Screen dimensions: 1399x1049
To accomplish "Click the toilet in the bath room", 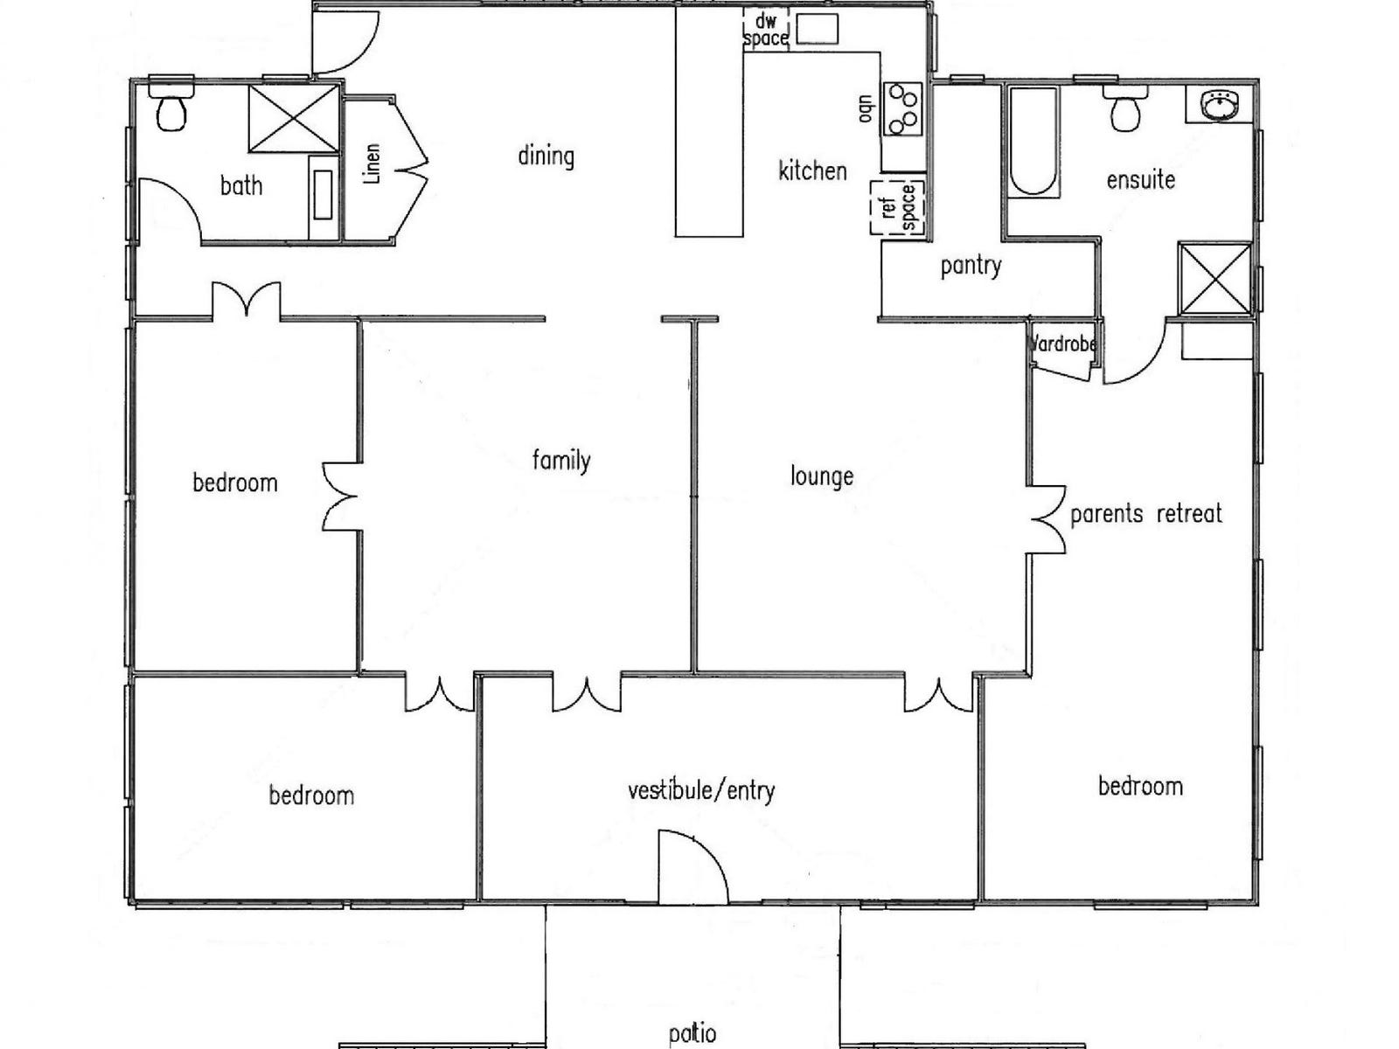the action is pos(171,108).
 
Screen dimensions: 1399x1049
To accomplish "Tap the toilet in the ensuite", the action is pos(1124,109).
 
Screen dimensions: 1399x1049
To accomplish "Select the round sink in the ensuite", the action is pos(1216,107).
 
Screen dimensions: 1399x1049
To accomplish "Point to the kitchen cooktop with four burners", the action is pos(903,108).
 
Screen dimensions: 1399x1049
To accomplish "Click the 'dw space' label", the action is pos(765,30).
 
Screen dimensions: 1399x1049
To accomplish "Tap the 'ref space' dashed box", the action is pos(898,208).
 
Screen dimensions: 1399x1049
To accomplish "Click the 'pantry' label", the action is pos(971,266).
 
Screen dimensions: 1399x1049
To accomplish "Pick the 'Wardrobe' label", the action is pos(1063,344).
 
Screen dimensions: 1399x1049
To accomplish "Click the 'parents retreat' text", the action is pos(1145,514).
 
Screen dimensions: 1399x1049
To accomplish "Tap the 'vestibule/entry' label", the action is pos(701,791).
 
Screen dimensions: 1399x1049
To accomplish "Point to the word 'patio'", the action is pos(693,1034).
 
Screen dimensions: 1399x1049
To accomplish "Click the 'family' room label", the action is pos(561,460).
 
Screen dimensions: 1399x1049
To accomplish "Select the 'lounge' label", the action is pos(821,476).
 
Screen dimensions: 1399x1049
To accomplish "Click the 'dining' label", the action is pos(546,156).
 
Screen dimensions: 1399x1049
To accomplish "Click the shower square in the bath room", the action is pos(294,119).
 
